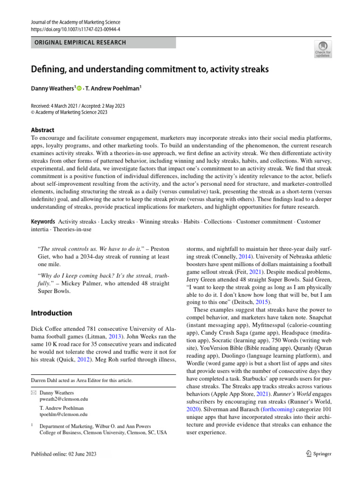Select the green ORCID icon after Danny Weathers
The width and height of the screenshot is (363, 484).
click(79, 88)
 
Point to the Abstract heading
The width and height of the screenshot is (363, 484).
click(42, 130)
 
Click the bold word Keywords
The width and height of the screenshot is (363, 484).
click(43, 222)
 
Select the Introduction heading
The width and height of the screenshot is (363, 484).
click(52, 313)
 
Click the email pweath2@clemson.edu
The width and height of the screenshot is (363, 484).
click(64, 399)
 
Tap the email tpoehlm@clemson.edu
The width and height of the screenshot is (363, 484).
click(64, 414)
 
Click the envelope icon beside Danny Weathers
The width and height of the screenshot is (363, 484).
click(33, 393)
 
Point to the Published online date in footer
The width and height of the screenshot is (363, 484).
click(63, 454)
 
